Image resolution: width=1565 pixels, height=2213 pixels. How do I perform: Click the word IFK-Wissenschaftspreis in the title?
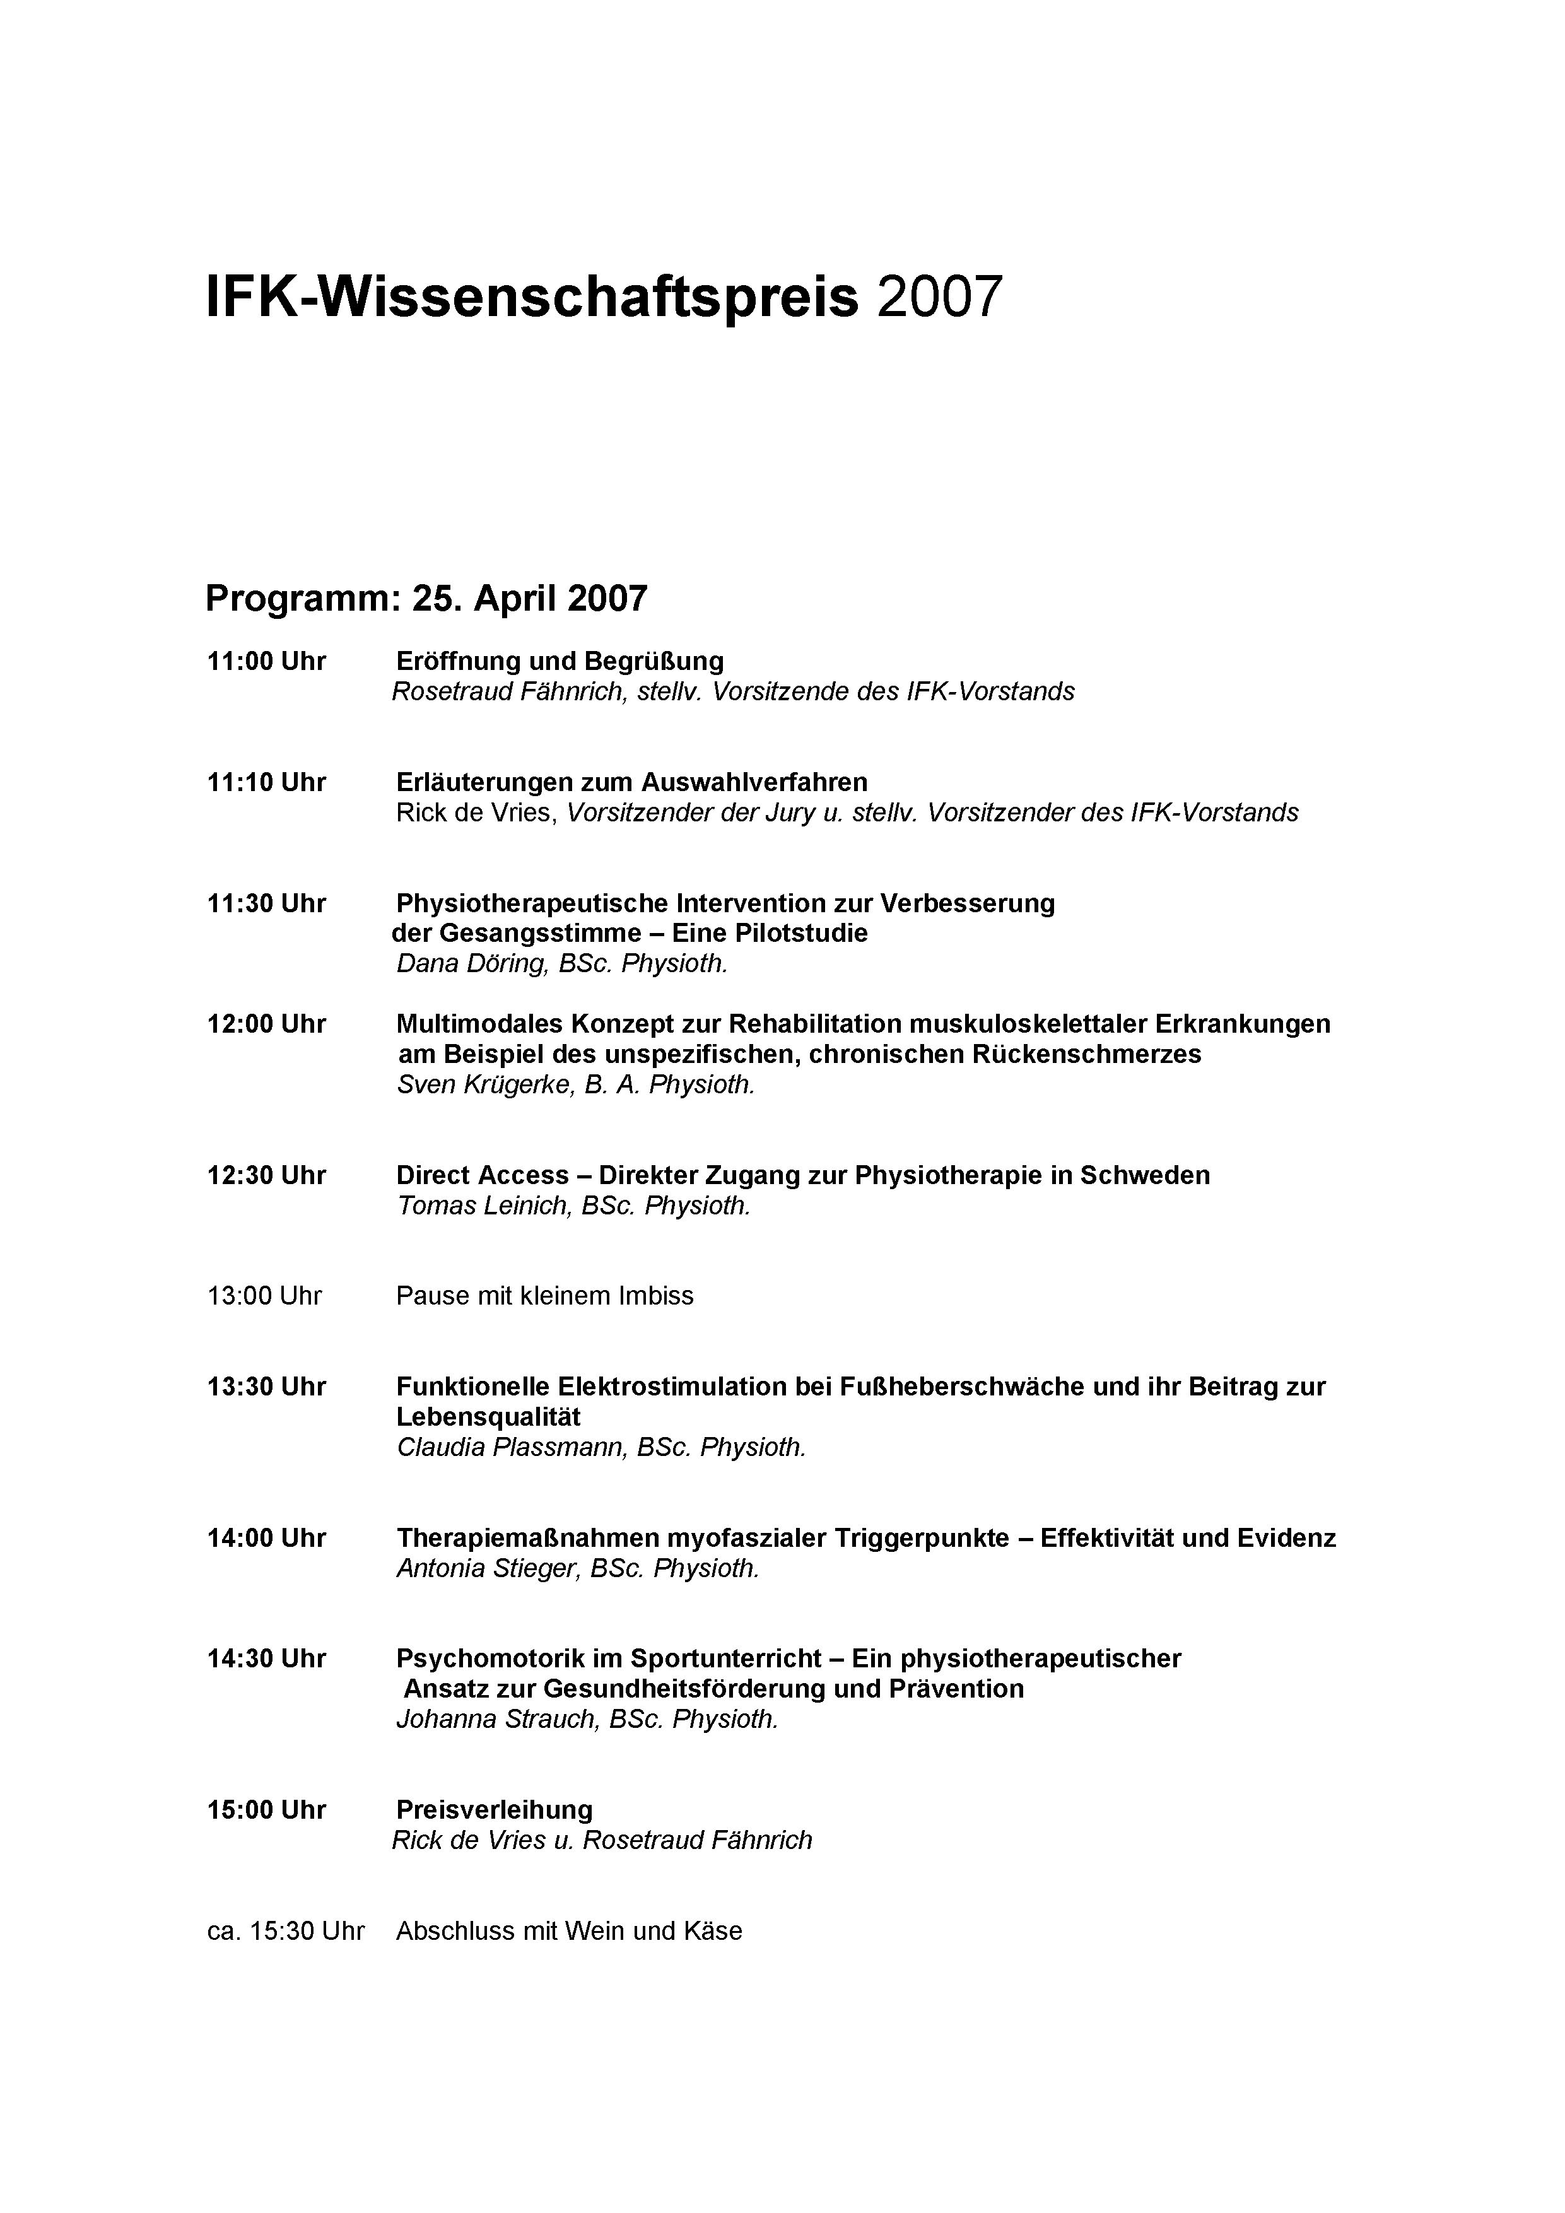point(532,297)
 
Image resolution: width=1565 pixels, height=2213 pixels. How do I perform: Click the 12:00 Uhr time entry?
point(266,1024)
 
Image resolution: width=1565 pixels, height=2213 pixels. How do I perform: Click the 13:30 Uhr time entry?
point(266,1387)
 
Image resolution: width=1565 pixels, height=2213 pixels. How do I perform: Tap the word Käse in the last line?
point(712,1932)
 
